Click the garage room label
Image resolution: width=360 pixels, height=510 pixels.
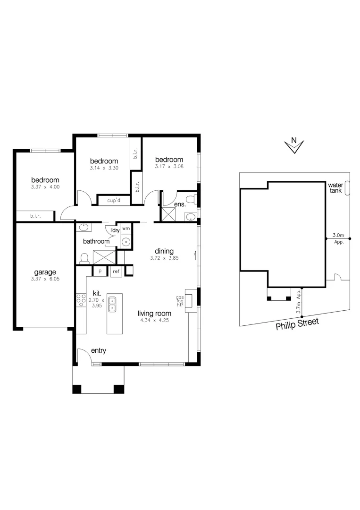tap(45, 272)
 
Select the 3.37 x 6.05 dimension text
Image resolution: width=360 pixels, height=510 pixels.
tap(45, 279)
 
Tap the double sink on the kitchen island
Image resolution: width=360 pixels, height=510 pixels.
tap(112, 304)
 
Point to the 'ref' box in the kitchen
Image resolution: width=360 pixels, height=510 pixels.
tap(116, 272)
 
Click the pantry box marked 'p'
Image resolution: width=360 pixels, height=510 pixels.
tap(100, 272)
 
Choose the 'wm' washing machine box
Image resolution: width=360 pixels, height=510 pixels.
tap(126, 229)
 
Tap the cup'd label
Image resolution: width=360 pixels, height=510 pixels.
tap(114, 200)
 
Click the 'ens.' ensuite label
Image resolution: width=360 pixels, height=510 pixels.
tap(180, 204)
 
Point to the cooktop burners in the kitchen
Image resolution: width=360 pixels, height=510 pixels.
tap(79, 300)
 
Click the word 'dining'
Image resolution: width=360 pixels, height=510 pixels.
tap(164, 251)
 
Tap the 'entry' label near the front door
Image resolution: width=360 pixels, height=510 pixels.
tap(98, 350)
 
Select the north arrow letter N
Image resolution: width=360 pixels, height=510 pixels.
tap(293, 140)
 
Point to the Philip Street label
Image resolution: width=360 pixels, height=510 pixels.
tap(297, 324)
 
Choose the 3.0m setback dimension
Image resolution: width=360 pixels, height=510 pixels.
tap(338, 235)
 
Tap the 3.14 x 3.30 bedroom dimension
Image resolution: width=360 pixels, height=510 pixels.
tap(104, 168)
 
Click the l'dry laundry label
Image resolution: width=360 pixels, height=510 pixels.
tap(115, 230)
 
